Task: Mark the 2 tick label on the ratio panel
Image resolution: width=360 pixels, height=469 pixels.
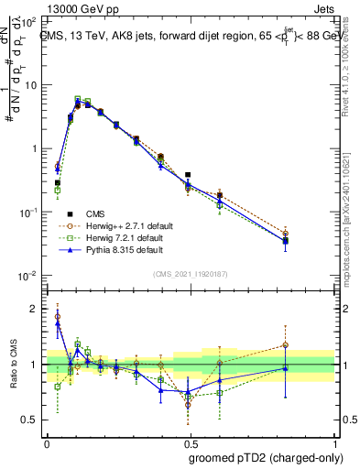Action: coord(33,309)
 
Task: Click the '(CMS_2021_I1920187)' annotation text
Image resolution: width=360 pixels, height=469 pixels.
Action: coord(189,274)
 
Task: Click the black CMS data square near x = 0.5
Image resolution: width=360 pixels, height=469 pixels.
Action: coord(188,174)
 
